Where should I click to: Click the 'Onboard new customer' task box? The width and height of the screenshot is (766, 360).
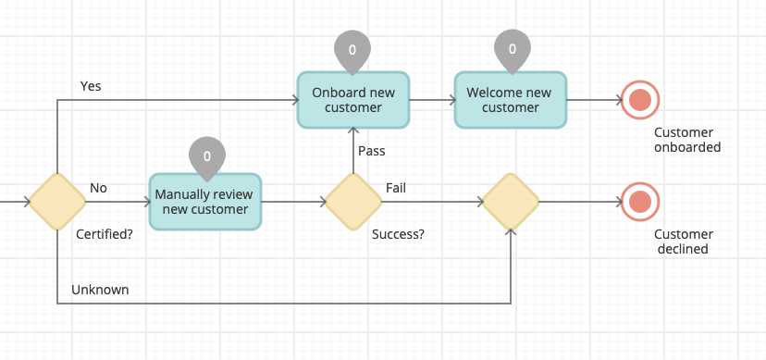coord(352,100)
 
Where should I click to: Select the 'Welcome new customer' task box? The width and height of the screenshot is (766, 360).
coord(510,100)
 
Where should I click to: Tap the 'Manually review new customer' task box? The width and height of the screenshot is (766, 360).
coord(205,202)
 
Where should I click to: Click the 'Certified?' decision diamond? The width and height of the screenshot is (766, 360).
coord(57,201)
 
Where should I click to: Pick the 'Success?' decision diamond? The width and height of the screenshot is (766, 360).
coord(352,201)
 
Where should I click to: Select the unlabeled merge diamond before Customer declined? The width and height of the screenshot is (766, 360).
coord(510,201)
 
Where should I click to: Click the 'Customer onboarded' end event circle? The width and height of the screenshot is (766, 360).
coord(638,100)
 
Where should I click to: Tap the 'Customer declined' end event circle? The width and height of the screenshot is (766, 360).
coord(638,201)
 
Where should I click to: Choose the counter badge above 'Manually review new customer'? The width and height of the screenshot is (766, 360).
coord(206,155)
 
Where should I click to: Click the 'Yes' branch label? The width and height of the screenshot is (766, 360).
coord(91,86)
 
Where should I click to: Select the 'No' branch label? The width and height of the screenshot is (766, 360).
coord(98,188)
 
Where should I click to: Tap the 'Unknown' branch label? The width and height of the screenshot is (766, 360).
coord(100,290)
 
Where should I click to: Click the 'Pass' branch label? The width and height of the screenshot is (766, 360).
coord(371,151)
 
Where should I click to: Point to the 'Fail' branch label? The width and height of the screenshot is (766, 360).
coord(395,188)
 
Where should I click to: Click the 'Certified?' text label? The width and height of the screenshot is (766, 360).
coord(103,234)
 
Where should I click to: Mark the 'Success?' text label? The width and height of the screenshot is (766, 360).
coord(398,234)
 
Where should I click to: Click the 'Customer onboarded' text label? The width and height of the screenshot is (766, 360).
coord(686,140)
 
